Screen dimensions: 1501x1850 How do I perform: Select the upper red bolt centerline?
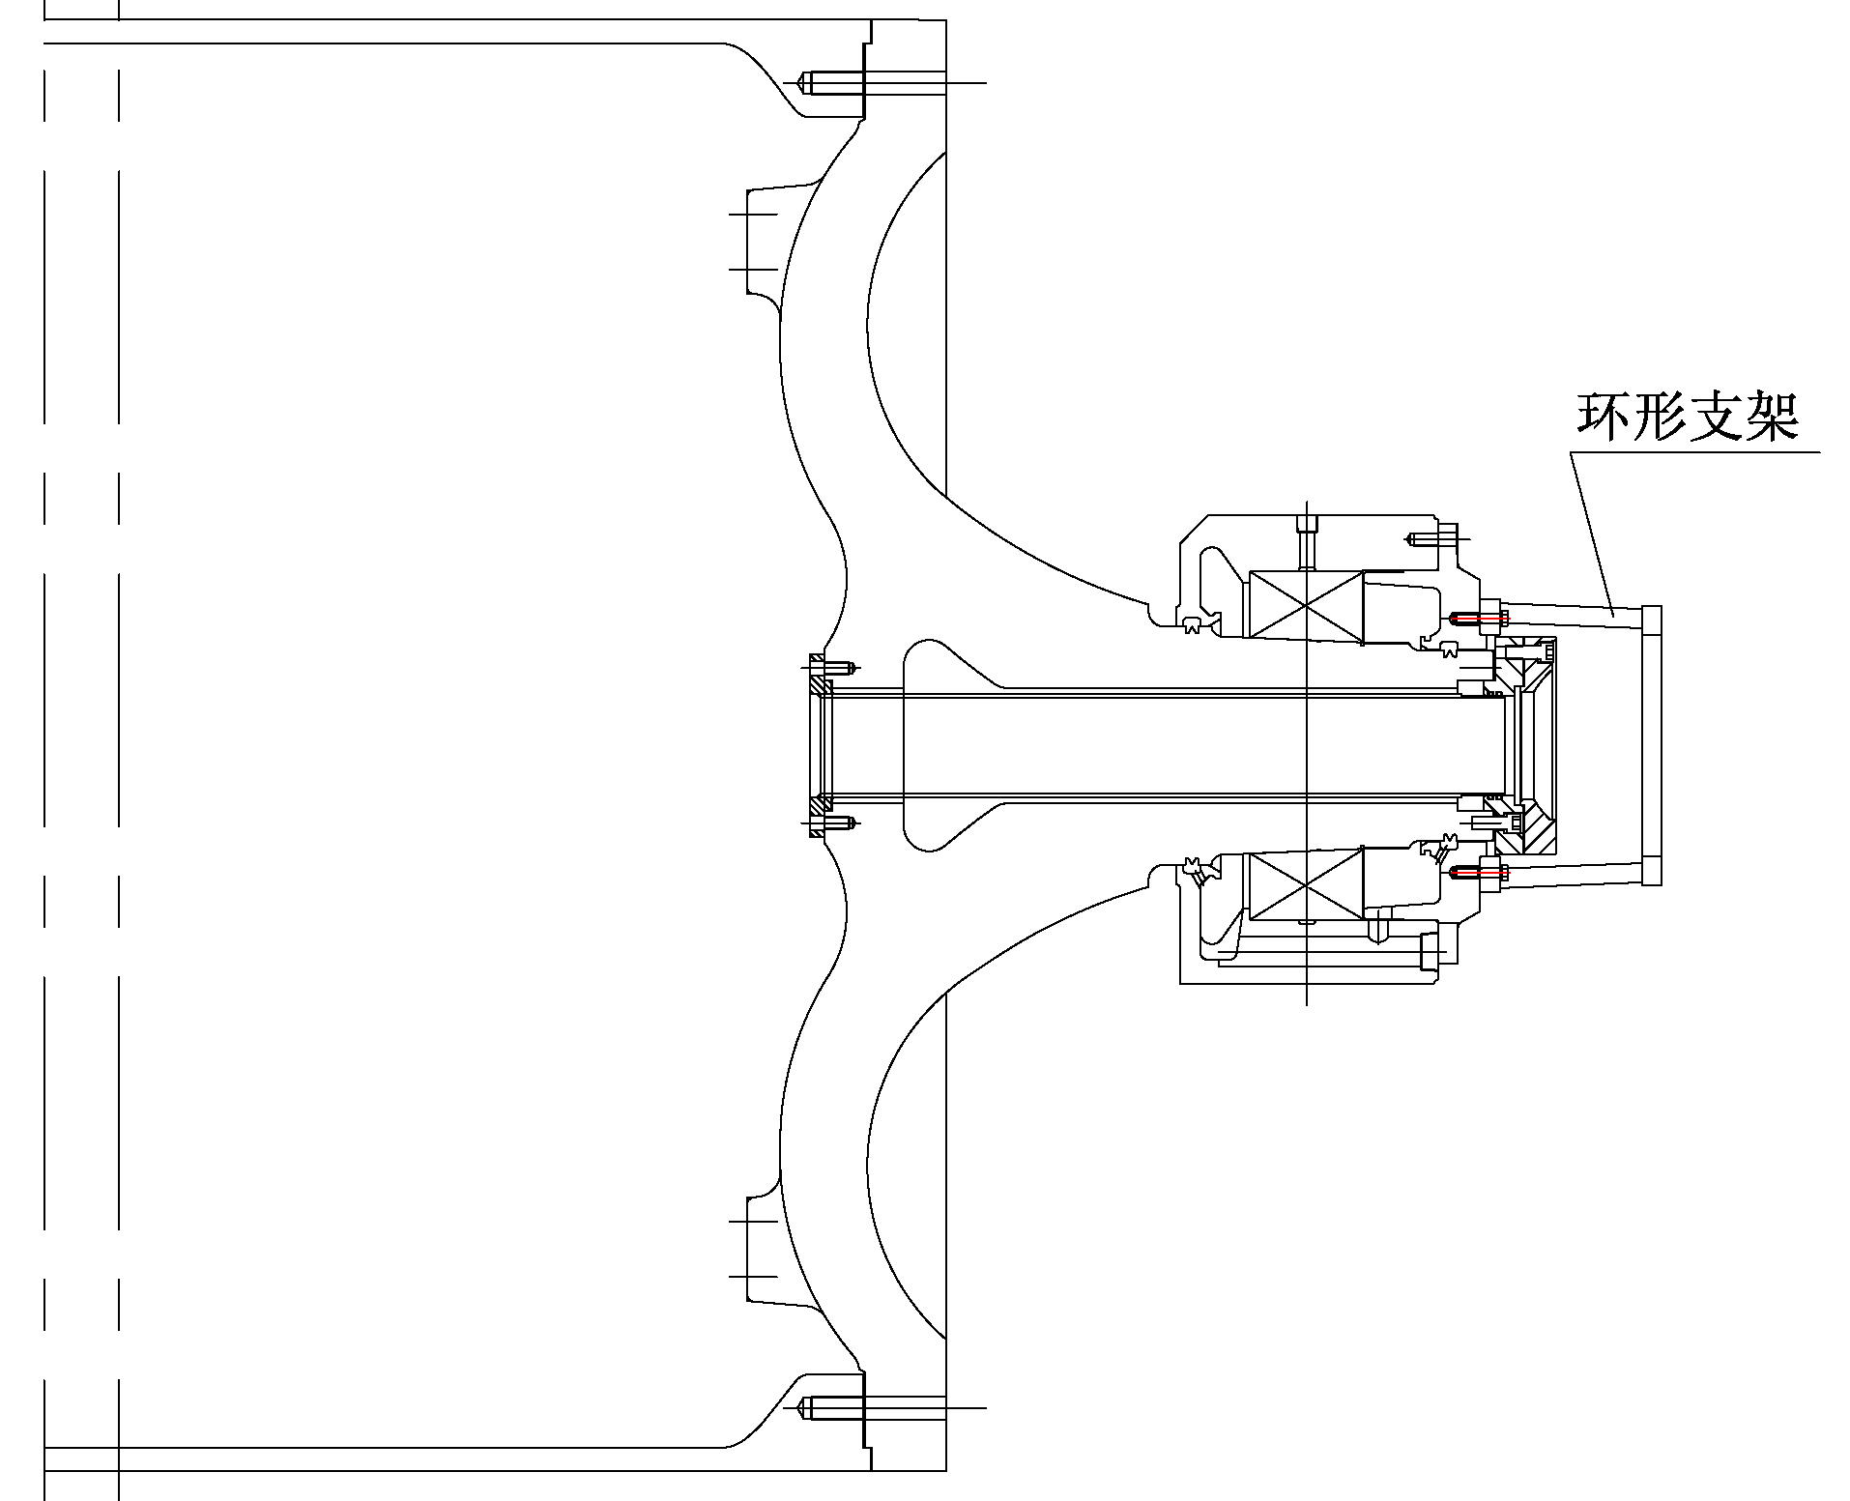pyautogui.click(x=1479, y=616)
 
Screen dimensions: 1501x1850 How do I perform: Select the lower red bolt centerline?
pyautogui.click(x=1479, y=873)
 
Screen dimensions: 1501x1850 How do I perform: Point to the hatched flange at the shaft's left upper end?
pyautogui.click(x=819, y=686)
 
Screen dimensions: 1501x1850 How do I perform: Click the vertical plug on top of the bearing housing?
pyautogui.click(x=1306, y=541)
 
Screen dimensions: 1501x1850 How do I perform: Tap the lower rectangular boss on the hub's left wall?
pyautogui.click(x=764, y=1249)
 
